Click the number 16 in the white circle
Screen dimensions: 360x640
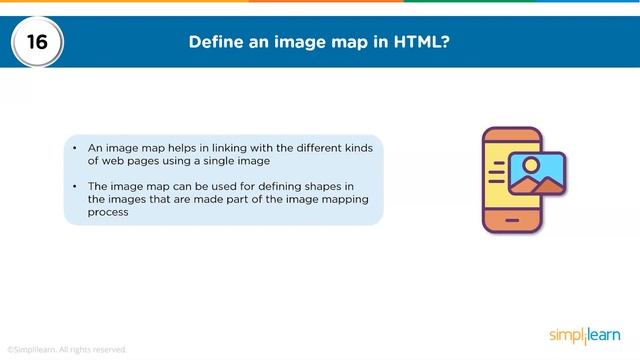(x=37, y=43)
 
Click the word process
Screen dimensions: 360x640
(x=109, y=213)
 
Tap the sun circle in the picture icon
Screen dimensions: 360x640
(x=531, y=165)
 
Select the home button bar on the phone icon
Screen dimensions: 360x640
(x=512, y=218)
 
